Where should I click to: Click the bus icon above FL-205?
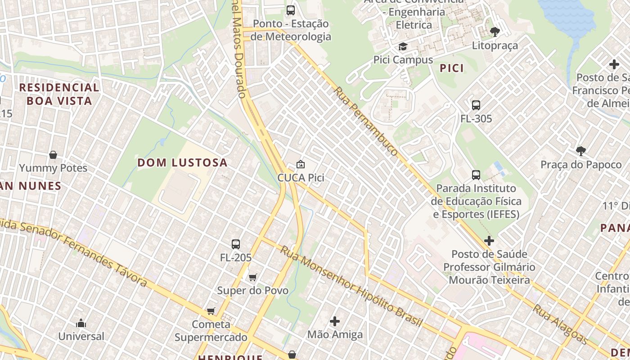[235, 244]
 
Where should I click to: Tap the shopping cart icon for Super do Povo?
[253, 277]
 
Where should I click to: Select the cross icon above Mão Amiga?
[335, 321]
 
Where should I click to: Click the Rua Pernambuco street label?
[365, 121]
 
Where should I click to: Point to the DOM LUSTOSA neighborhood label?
[182, 162]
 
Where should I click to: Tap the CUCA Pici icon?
[300, 165]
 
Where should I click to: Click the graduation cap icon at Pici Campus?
[403, 47]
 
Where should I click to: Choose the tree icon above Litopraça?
[495, 32]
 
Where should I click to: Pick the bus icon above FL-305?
[476, 105]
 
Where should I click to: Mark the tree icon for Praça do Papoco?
[580, 151]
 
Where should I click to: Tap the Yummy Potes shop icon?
[53, 155]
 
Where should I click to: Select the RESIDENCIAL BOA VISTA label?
[59, 94]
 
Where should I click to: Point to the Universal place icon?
[81, 323]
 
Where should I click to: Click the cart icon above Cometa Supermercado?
[211, 311]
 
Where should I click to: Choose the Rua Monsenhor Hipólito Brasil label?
[351, 287]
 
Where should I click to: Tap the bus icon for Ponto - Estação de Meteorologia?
[291, 10]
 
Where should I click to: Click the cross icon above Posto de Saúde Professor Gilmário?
[489, 241]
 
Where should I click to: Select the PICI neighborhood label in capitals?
[451, 68]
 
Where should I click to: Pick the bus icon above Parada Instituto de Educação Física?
[476, 175]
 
